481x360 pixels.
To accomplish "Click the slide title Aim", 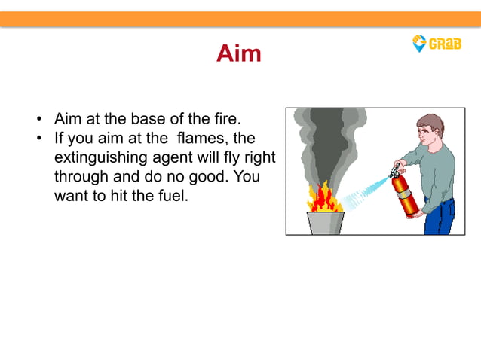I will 239,53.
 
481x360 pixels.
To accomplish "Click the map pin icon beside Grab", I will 419,44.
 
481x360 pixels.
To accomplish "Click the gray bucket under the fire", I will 325,222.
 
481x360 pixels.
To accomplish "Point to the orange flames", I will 325,198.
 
